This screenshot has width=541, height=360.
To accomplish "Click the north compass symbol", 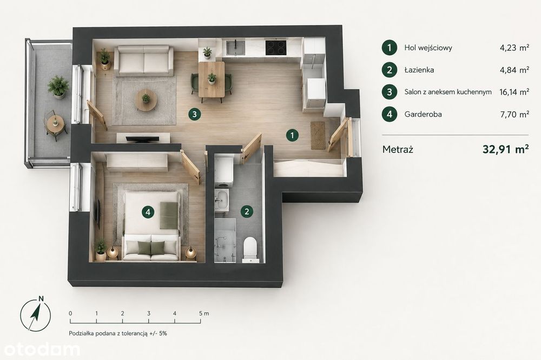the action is [35, 314].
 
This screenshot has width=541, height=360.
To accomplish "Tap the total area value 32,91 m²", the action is [505, 149].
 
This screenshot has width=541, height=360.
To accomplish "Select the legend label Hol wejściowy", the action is [428, 48].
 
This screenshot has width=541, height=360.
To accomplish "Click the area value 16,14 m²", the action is [514, 92].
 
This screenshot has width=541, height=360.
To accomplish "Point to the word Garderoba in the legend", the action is [423, 114].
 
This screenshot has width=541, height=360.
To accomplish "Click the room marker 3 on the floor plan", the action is [195, 114].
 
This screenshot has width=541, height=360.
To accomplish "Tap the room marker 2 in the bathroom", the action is [246, 211].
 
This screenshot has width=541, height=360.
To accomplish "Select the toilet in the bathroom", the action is [250, 249].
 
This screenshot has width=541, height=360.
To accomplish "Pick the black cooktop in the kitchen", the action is [276, 48].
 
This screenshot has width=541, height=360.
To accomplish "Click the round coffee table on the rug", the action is [146, 99].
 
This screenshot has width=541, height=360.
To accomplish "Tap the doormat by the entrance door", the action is [318, 135].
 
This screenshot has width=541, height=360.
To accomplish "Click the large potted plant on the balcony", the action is [58, 86].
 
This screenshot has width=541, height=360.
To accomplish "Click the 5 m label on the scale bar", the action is [204, 314].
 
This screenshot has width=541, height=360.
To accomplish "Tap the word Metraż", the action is [398, 150].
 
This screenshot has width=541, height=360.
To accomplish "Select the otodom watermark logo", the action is [41, 350].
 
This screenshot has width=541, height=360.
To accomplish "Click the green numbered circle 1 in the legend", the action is [390, 48].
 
